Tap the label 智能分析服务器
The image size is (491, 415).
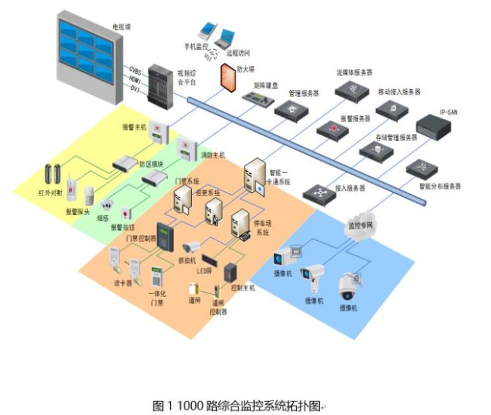[x=438, y=186]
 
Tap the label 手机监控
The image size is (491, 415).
[x=196, y=46]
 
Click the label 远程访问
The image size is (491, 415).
[x=237, y=52]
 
